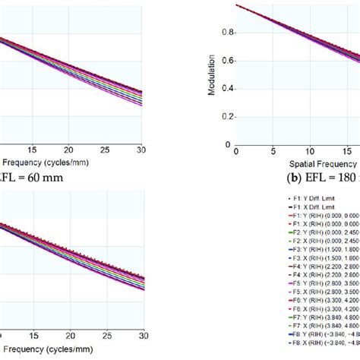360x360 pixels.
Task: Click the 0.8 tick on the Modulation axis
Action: click(x=226, y=33)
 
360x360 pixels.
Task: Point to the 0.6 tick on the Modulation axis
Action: click(x=226, y=61)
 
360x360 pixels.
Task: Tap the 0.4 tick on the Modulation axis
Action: click(x=226, y=88)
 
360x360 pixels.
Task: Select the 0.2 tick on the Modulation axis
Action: click(x=226, y=116)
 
